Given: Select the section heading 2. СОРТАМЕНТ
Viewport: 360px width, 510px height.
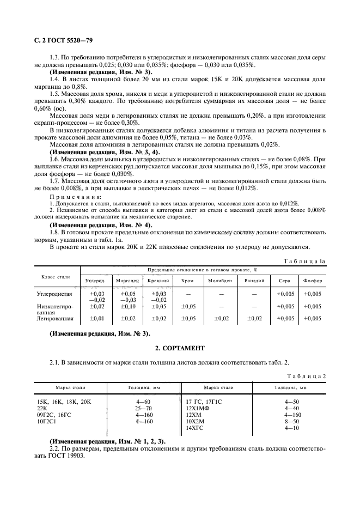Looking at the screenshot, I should pyautogui.click(x=180, y=347).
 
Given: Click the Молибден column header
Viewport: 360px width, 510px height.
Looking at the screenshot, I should pyautogui.click(x=220, y=281).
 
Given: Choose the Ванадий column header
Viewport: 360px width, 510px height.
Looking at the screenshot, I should pyautogui.click(x=254, y=281).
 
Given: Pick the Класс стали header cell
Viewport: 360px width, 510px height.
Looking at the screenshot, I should pyautogui.click(x=56, y=276).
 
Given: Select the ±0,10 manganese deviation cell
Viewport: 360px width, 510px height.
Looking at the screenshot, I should pyautogui.click(x=127, y=306).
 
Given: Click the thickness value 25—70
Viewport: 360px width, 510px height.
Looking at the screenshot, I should pyautogui.click(x=129, y=407).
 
